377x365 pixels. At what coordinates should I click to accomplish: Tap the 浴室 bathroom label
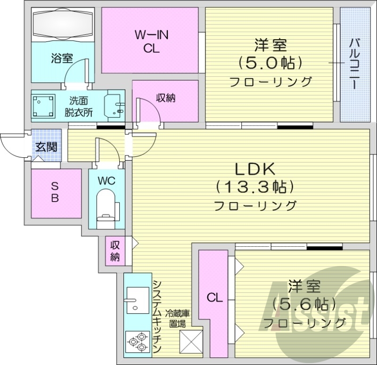62,58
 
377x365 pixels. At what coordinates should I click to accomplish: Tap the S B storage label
55,192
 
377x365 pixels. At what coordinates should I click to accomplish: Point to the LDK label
254,168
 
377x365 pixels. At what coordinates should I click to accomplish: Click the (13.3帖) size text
254,187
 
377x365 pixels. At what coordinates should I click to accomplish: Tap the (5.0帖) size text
270,63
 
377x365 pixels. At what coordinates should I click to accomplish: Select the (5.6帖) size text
304,303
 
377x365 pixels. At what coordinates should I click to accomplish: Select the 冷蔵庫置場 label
179,319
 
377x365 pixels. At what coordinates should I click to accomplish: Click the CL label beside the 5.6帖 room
214,298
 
